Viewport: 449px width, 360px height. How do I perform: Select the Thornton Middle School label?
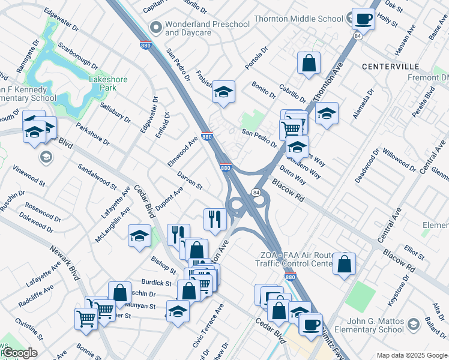click(x=298, y=19)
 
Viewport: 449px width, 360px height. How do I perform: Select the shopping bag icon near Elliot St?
click(x=345, y=264)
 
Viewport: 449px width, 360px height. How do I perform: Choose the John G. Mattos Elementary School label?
click(x=367, y=325)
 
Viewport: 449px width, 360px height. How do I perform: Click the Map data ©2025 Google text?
click(x=411, y=355)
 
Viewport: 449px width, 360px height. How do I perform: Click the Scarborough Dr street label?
click(x=79, y=55)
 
